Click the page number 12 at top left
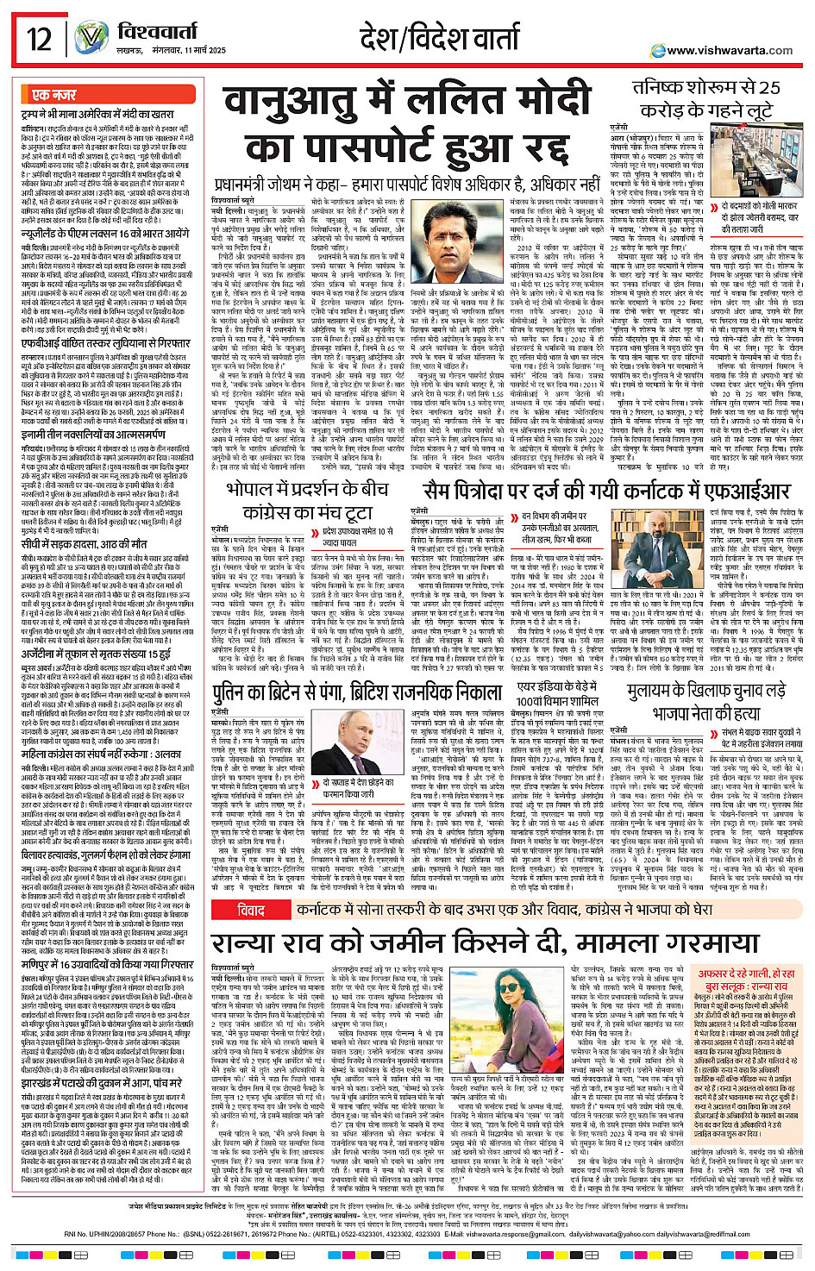[38, 40]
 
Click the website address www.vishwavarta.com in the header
[730, 51]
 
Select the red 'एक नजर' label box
[53, 95]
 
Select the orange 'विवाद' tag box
[251, 885]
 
